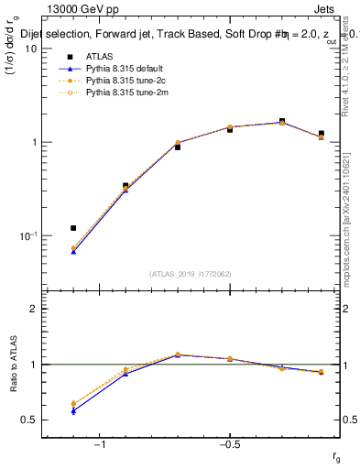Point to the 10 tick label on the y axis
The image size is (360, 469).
[31, 49]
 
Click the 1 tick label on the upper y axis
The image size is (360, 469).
[34, 142]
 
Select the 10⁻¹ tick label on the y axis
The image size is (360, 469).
[28, 235]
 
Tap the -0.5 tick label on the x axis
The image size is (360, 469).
[229, 445]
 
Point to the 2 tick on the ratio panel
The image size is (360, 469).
[34, 309]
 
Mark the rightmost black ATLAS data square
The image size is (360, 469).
[321, 134]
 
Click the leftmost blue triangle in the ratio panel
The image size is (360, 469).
[73, 410]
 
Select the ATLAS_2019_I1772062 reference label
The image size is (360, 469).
[191, 274]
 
